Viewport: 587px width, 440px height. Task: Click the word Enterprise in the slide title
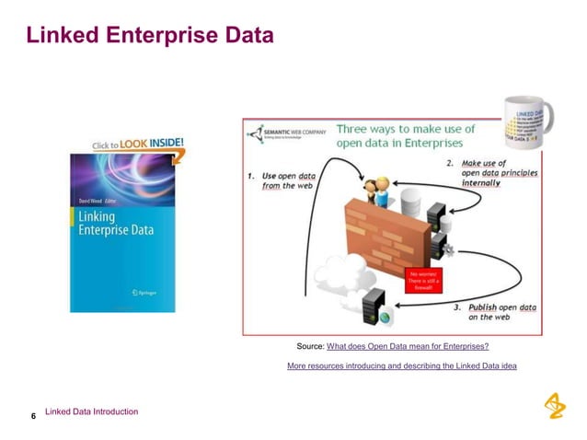pyautogui.click(x=164, y=36)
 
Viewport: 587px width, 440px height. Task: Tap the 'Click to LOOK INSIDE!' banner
pyautogui.click(x=138, y=145)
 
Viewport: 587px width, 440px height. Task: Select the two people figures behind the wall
pyautogui.click(x=376, y=191)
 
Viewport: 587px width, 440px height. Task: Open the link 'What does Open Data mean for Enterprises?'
pyautogui.click(x=408, y=346)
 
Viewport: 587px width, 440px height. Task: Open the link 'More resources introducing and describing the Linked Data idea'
pyautogui.click(x=401, y=366)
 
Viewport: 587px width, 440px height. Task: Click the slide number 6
pyautogui.click(x=33, y=417)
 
